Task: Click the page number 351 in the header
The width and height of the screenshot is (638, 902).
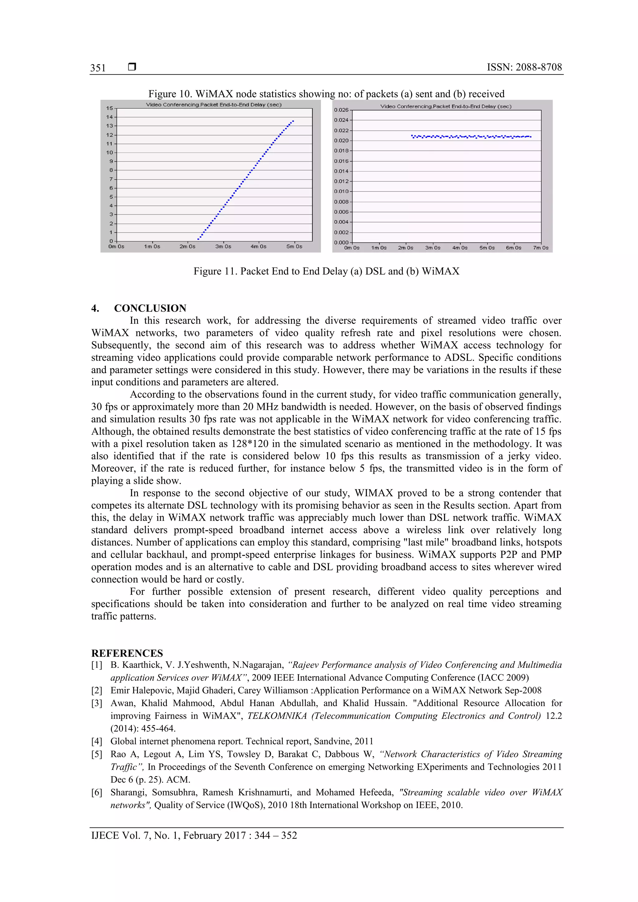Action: click(98, 68)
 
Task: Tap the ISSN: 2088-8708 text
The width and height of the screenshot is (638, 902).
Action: click(524, 67)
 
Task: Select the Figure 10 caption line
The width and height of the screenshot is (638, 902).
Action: click(326, 94)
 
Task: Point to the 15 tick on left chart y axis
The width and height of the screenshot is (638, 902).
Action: click(109, 108)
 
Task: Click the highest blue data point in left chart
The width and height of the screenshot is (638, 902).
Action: click(293, 121)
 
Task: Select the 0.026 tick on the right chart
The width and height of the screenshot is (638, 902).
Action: click(341, 110)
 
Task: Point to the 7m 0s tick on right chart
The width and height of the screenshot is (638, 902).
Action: click(540, 248)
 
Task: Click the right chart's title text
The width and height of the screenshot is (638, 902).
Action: click(445, 106)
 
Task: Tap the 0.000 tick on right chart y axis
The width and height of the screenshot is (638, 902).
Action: click(341, 243)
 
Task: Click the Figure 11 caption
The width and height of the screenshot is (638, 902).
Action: click(326, 272)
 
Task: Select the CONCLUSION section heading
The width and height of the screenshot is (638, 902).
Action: click(150, 308)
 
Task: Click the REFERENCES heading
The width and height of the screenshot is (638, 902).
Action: click(127, 653)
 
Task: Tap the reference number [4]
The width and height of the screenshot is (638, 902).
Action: click(97, 741)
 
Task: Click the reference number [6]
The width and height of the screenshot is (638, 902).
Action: click(97, 792)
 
